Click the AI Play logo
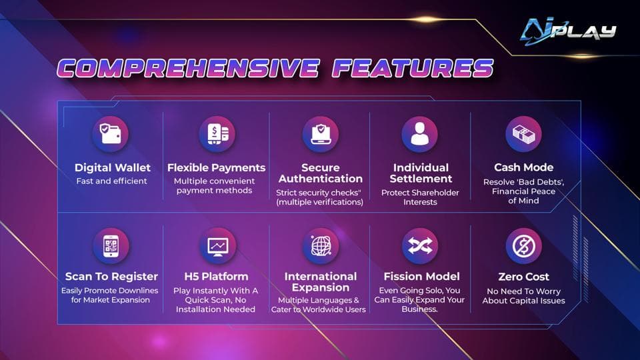coord(568,30)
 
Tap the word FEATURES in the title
coord(413,68)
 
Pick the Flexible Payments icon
coord(217,134)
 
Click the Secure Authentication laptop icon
coord(320,134)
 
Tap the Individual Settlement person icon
coord(420,134)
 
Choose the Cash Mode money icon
coord(523,134)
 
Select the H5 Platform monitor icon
coord(217,246)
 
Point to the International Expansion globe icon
coord(320,246)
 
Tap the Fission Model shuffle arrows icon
coord(420,246)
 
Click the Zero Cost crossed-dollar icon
coord(523,246)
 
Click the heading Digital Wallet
coord(112,167)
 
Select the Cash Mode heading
coord(523,167)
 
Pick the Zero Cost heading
coord(523,277)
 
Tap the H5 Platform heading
coord(216,277)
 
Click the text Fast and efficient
coord(112,181)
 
